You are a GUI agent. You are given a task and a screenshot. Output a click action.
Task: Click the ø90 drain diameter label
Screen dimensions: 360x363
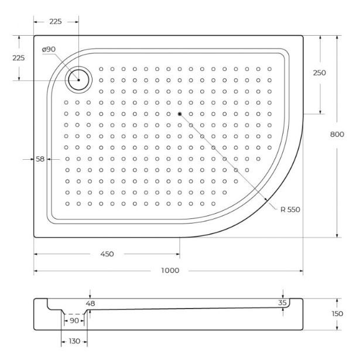tap(49, 50)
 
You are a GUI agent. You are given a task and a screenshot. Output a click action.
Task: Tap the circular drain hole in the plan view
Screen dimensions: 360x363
tap(78, 80)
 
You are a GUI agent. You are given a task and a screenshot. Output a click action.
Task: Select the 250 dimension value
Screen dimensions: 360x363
tap(319, 73)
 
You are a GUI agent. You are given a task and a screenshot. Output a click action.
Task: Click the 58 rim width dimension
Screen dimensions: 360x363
tap(40, 159)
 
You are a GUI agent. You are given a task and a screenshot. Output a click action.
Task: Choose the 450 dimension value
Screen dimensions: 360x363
tap(107, 254)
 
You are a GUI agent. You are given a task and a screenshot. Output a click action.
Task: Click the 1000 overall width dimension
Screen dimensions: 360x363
tap(170, 270)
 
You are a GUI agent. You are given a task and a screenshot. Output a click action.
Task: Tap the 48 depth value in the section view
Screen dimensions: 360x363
tap(90, 303)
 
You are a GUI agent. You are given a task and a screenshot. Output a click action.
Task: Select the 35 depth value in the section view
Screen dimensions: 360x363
tap(283, 303)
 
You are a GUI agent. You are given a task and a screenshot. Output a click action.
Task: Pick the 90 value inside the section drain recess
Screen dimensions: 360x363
tap(74, 321)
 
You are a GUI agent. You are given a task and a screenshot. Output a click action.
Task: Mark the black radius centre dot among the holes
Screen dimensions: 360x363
tap(180, 114)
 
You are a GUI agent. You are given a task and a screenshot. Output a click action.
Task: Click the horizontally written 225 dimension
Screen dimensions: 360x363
tap(56, 21)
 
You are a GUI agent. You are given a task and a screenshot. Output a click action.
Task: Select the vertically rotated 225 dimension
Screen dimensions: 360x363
tap(19, 58)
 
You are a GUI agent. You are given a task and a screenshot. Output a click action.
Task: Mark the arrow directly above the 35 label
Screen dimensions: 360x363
tap(283, 294)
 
